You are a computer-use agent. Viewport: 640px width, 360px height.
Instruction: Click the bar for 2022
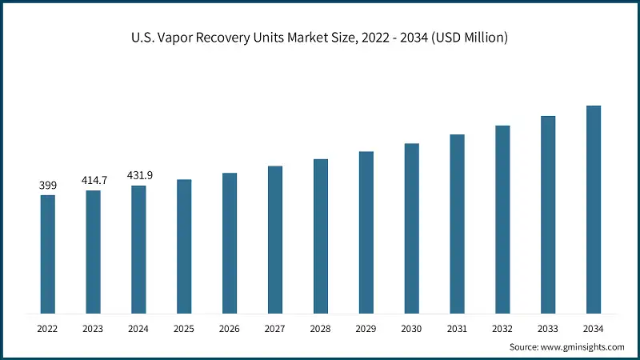click(48, 254)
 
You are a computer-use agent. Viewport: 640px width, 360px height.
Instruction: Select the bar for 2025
click(184, 246)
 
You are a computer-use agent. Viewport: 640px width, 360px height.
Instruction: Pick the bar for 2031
click(457, 223)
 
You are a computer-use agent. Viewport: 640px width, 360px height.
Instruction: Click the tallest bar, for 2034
click(593, 209)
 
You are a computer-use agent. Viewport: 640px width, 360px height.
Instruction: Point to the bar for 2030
click(411, 228)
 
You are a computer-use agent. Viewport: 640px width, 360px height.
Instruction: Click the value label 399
click(48, 186)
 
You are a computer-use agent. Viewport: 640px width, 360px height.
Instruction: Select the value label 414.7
click(94, 181)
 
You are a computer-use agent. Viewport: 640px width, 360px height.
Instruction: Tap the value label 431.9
click(138, 176)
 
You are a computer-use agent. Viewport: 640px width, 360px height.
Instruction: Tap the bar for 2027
click(275, 239)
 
